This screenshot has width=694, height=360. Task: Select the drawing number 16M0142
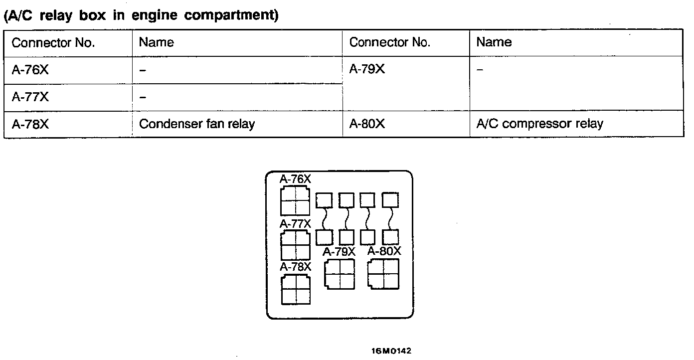391,351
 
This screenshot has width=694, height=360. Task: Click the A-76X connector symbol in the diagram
295,201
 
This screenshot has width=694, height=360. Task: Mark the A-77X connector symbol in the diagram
295,245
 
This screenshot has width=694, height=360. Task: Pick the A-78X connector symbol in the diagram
295,289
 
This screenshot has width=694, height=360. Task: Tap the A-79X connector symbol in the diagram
340,274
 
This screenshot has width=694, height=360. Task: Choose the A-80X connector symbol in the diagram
383,274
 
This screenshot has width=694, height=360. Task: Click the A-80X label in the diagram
384,251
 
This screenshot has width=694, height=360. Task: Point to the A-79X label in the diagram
339,252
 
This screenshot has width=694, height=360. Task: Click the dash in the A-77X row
143,97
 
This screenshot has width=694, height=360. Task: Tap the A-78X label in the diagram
295,267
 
